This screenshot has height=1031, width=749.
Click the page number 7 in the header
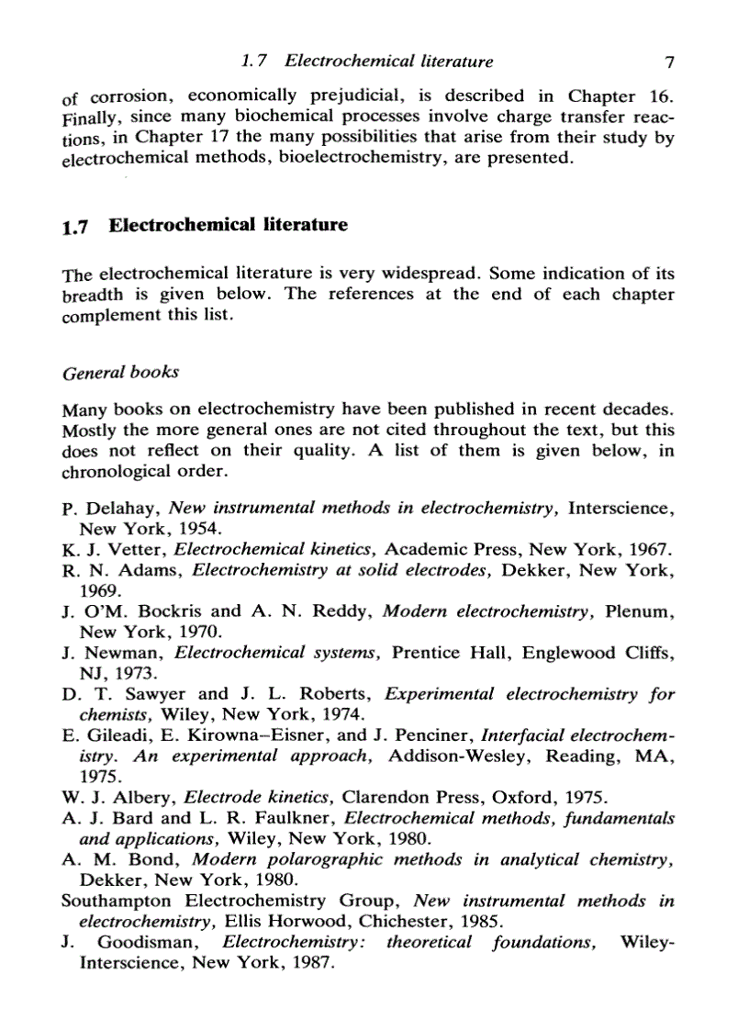669,62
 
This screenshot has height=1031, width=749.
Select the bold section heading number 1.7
76,227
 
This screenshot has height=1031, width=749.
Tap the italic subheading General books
119,373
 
